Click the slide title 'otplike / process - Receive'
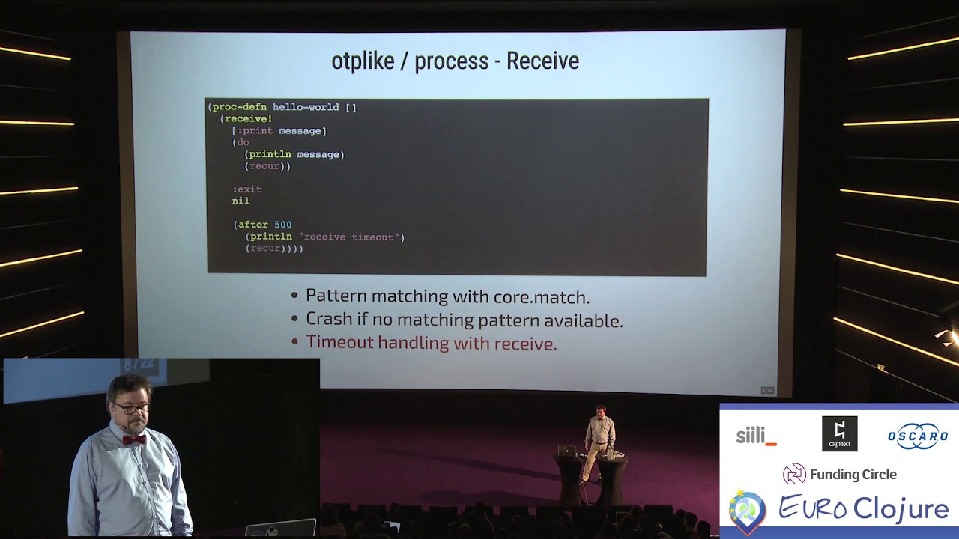(455, 61)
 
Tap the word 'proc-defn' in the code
(239, 107)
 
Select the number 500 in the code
(282, 225)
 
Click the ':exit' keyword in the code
(246, 189)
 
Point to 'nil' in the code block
(240, 201)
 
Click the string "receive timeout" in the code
(351, 237)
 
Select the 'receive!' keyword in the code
(248, 119)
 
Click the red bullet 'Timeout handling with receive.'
(431, 344)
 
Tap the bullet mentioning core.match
(447, 296)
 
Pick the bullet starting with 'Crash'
(464, 320)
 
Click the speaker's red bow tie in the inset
(133, 439)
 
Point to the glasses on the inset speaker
(133, 408)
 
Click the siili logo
(756, 436)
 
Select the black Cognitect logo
(839, 434)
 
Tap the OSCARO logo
(918, 436)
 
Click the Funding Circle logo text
(852, 474)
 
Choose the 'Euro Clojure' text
(863, 508)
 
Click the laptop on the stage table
(567, 451)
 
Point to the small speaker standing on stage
(599, 442)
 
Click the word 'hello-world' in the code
(306, 107)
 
